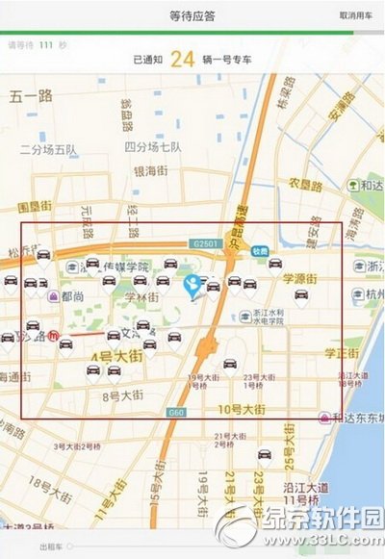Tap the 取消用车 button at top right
[357, 15]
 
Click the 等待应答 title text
[192, 15]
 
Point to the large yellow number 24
[183, 60]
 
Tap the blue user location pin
[192, 284]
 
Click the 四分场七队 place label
[153, 147]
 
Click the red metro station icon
[56, 338]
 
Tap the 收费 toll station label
[260, 250]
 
